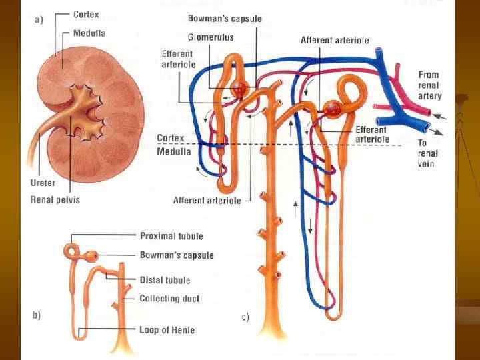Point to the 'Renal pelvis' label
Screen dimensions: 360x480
(x=55, y=199)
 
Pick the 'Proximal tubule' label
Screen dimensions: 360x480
(x=171, y=236)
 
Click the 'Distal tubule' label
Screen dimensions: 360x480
(x=165, y=280)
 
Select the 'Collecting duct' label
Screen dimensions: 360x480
(x=169, y=299)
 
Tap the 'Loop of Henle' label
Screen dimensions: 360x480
(x=167, y=329)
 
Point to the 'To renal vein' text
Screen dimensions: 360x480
(x=426, y=153)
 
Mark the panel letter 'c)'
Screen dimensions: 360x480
(x=245, y=317)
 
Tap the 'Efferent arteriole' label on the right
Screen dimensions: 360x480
(x=371, y=134)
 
